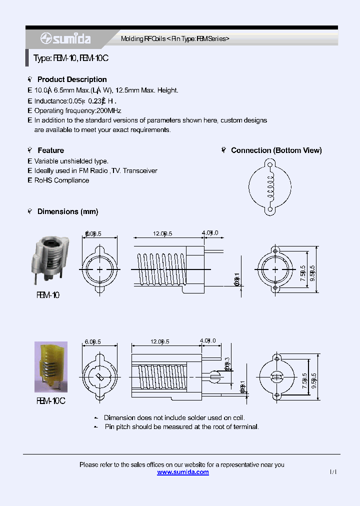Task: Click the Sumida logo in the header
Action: [65, 39]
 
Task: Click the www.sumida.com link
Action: [183, 472]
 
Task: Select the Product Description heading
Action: [72, 79]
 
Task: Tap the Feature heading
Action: [50, 150]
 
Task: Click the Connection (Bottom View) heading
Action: [276, 150]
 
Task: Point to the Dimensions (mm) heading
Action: [67, 212]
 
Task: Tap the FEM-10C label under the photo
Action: [51, 400]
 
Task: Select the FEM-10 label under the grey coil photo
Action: [48, 295]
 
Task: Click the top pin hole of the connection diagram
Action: [270, 164]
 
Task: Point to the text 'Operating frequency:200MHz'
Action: [77, 110]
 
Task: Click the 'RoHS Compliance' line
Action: [61, 180]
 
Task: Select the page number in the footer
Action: [333, 472]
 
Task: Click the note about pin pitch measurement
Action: [181, 427]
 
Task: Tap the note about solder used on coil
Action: [174, 417]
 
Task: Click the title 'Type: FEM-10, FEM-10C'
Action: [71, 58]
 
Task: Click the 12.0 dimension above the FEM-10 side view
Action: [162, 233]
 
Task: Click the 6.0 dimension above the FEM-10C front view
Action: [93, 341]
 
